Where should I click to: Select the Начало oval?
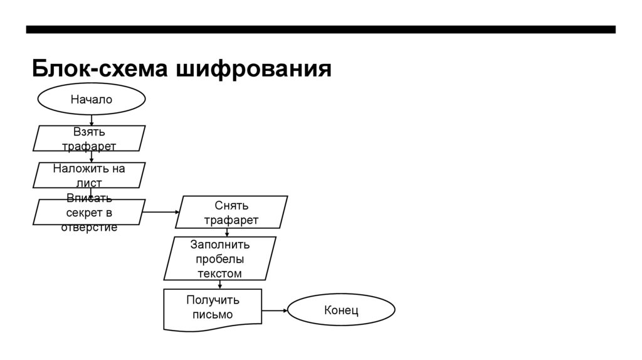(x=92, y=99)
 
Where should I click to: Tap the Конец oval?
(x=341, y=310)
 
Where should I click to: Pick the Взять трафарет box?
(x=89, y=139)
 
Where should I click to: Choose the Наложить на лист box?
(x=89, y=175)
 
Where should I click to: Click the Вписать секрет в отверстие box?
(x=89, y=212)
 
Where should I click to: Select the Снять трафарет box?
(x=231, y=212)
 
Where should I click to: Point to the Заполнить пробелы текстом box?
(x=219, y=258)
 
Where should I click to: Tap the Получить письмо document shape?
(x=213, y=308)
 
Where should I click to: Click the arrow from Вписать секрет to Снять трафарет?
(x=160, y=212)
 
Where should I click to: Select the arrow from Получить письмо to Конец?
(x=274, y=310)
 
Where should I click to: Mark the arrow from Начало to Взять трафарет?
(x=92, y=120)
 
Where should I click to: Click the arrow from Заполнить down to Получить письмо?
(x=220, y=284)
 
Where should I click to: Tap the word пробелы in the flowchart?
(x=219, y=259)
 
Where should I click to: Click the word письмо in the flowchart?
(x=213, y=315)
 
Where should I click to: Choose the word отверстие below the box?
(x=89, y=227)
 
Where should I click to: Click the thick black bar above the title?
(x=320, y=29)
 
